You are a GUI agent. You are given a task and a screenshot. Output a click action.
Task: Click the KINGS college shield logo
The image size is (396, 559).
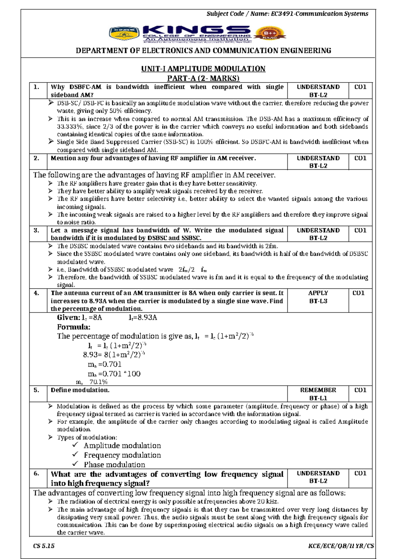click(124, 34)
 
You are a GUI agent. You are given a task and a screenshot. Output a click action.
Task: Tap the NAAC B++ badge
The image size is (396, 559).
click(270, 34)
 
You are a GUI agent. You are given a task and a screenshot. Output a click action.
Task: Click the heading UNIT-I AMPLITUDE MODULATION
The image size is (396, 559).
click(203, 69)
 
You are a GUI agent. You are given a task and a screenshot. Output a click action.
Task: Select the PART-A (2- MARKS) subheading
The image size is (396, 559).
click(203, 78)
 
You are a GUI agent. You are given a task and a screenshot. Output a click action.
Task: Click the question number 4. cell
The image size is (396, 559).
click(37, 293)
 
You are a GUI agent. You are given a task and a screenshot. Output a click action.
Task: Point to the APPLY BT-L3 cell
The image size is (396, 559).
click(318, 297)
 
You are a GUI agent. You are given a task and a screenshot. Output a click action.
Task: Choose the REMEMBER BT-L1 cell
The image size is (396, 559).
click(318, 394)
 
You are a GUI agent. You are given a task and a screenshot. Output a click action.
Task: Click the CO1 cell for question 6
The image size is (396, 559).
click(360, 473)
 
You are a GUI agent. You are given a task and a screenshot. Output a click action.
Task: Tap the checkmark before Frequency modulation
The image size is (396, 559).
click(76, 455)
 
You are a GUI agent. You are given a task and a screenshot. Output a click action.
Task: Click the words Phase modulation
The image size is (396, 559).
click(114, 465)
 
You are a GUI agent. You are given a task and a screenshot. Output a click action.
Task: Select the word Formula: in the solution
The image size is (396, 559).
click(74, 327)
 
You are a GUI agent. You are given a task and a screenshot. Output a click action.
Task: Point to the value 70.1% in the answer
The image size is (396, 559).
click(98, 382)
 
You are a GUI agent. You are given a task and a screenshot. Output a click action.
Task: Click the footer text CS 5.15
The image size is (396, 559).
click(44, 546)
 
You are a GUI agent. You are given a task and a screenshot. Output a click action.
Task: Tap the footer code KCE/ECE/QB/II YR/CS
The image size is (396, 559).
click(341, 546)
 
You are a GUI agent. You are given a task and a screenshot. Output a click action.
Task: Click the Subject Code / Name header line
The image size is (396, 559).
click(287, 14)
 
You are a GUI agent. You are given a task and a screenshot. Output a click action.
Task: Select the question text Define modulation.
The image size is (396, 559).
click(80, 390)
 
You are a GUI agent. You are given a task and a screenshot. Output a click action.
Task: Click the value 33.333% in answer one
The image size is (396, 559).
click(70, 127)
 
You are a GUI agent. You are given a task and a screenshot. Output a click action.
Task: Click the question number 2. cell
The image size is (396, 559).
click(37, 158)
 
